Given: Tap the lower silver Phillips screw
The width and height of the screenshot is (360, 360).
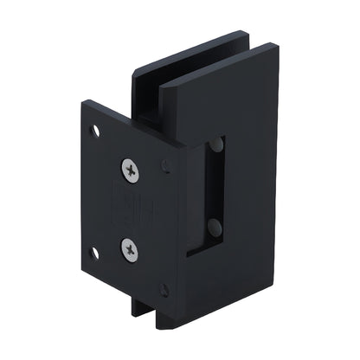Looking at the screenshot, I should [131, 250].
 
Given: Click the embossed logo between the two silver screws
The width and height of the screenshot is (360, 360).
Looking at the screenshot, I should [131, 210].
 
